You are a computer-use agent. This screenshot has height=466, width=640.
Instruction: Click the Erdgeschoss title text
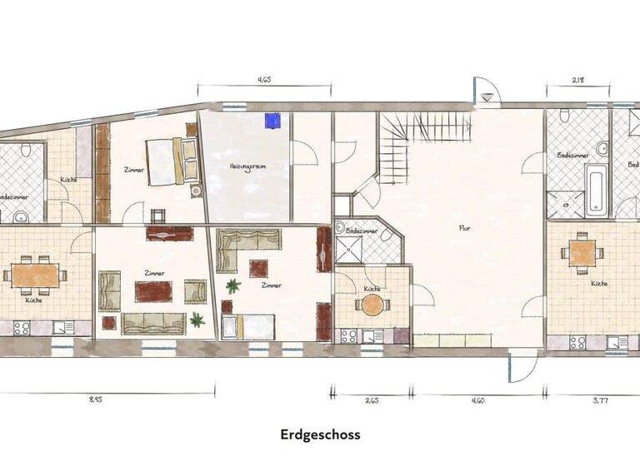click(x=320, y=434)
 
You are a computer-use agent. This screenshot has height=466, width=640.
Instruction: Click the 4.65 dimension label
click(x=264, y=81)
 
